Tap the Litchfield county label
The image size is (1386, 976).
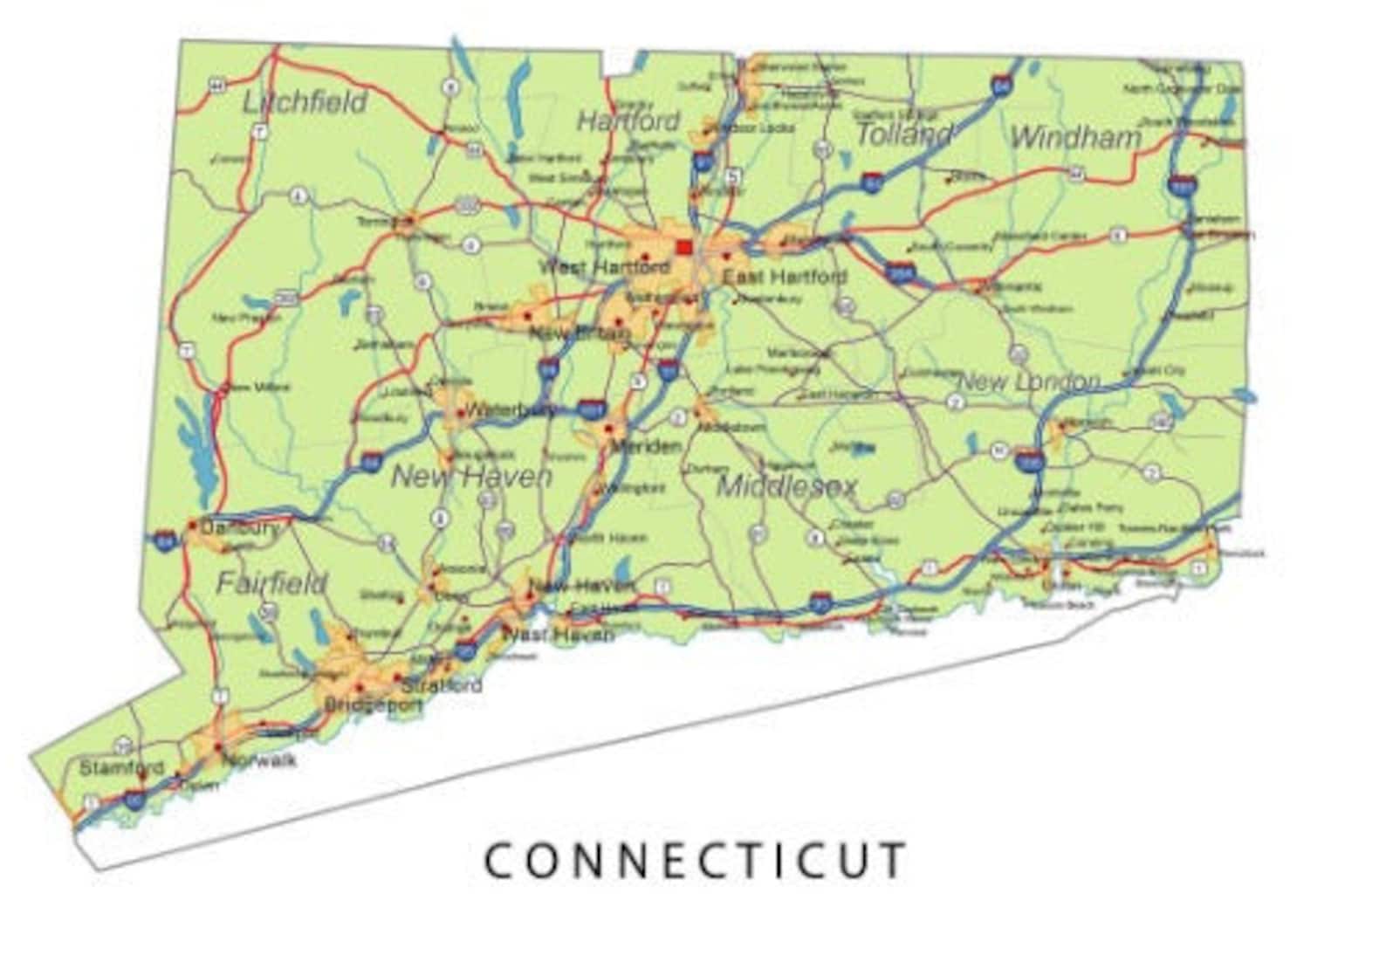(x=305, y=102)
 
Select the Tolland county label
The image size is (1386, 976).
(x=903, y=134)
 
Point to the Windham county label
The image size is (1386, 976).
(x=1075, y=137)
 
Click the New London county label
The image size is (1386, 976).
(x=1029, y=381)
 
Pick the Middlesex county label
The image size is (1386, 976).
(x=787, y=486)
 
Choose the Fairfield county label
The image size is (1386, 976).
(x=271, y=582)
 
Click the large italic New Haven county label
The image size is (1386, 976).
(x=471, y=476)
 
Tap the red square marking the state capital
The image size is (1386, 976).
(x=684, y=247)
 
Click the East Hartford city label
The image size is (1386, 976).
(x=785, y=278)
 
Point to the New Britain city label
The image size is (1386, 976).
(x=579, y=333)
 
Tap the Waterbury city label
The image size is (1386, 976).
(x=510, y=409)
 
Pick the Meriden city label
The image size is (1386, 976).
(x=645, y=446)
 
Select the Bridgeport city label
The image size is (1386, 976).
(x=373, y=705)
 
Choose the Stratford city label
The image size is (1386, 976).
(x=442, y=685)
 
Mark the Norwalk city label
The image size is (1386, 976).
(x=259, y=760)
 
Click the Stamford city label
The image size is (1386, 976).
(x=121, y=768)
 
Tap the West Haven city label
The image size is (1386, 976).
(x=559, y=635)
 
